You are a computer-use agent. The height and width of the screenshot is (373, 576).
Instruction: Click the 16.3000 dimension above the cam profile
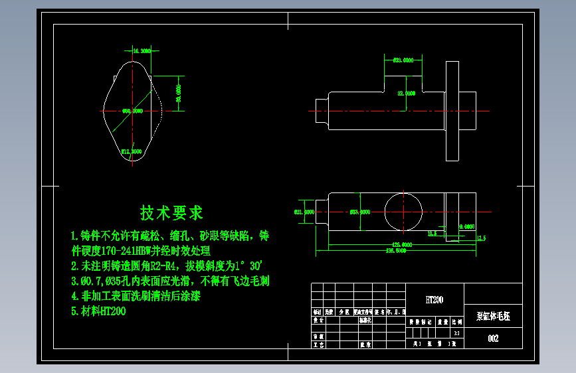(x=142, y=51)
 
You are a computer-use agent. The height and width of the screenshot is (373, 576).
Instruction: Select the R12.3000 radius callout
(x=132, y=151)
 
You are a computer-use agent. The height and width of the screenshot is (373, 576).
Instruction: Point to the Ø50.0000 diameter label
(x=132, y=112)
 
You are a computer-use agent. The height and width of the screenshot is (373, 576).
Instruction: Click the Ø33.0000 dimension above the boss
(x=403, y=60)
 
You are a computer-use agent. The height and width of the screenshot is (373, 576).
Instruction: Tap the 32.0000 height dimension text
(x=406, y=94)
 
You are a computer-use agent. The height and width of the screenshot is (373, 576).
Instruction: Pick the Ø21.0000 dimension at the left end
(x=304, y=212)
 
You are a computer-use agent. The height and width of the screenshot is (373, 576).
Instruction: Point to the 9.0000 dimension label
(x=467, y=226)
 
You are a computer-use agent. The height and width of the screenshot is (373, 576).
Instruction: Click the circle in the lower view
(x=403, y=212)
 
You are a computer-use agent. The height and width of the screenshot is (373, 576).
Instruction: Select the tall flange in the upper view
(x=452, y=110)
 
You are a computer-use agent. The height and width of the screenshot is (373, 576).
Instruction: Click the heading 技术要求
(x=171, y=213)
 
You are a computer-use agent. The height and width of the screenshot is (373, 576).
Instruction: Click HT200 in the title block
(x=434, y=300)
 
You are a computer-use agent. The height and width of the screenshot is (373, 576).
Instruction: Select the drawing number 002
(x=493, y=338)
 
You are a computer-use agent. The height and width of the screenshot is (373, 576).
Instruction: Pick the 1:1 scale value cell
(x=456, y=333)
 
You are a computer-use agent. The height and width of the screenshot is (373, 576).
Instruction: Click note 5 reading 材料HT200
(x=98, y=311)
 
